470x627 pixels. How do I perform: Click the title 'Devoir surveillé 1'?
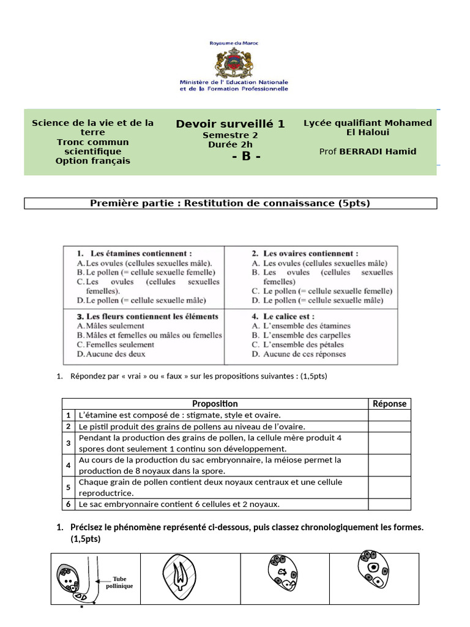click(x=230, y=124)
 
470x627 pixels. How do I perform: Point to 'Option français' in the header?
click(x=93, y=161)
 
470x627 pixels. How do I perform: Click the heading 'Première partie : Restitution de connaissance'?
click(x=230, y=203)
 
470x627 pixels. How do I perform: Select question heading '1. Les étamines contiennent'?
click(x=135, y=253)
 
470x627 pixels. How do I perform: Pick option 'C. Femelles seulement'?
click(x=116, y=345)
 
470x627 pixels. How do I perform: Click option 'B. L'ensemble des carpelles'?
click(x=301, y=336)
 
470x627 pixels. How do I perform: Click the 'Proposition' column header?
click(x=215, y=404)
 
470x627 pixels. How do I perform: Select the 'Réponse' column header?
click(x=389, y=404)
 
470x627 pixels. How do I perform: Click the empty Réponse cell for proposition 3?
click(x=389, y=443)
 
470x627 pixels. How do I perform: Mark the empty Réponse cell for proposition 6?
click(x=389, y=504)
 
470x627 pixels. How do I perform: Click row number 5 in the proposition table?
click(x=69, y=487)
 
